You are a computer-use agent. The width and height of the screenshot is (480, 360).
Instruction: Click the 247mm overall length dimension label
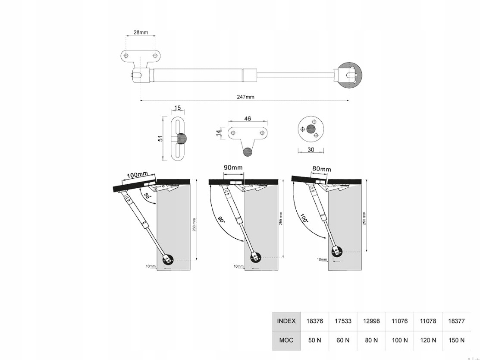click(245, 97)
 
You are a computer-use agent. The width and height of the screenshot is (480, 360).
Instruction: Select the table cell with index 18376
click(314, 321)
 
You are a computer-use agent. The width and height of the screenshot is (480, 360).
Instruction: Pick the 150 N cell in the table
click(456, 340)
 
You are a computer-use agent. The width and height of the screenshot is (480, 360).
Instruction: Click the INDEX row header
click(286, 321)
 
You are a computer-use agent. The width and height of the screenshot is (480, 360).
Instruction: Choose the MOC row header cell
click(286, 340)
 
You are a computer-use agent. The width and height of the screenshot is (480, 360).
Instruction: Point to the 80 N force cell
click(371, 340)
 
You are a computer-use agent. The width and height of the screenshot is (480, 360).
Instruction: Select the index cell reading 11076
click(399, 321)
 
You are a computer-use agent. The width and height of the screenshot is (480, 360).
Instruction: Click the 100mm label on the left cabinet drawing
click(138, 175)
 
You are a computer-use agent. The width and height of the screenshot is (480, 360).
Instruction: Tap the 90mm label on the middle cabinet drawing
click(233, 167)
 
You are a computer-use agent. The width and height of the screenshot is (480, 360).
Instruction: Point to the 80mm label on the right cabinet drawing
click(322, 169)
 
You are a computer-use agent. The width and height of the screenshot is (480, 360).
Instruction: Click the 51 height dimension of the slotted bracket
click(160, 139)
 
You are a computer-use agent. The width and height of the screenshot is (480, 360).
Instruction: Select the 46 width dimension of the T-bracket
click(247, 118)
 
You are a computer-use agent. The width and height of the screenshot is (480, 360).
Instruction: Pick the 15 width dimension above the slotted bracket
click(178, 108)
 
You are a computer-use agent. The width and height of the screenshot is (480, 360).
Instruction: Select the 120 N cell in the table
click(428, 340)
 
